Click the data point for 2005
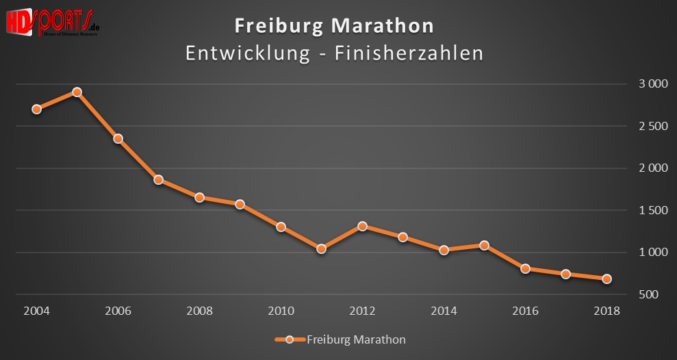[77, 92]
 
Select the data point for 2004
[36, 109]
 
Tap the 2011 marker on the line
[321, 249]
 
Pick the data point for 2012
[362, 226]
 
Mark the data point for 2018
[606, 279]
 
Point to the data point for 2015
[484, 245]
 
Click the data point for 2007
[158, 180]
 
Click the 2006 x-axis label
[118, 311]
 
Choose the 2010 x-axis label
[281, 311]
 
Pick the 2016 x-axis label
[525, 311]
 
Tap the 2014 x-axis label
[444, 311]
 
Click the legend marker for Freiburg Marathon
[290, 339]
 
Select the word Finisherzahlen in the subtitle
[409, 53]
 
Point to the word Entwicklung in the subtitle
[247, 53]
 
